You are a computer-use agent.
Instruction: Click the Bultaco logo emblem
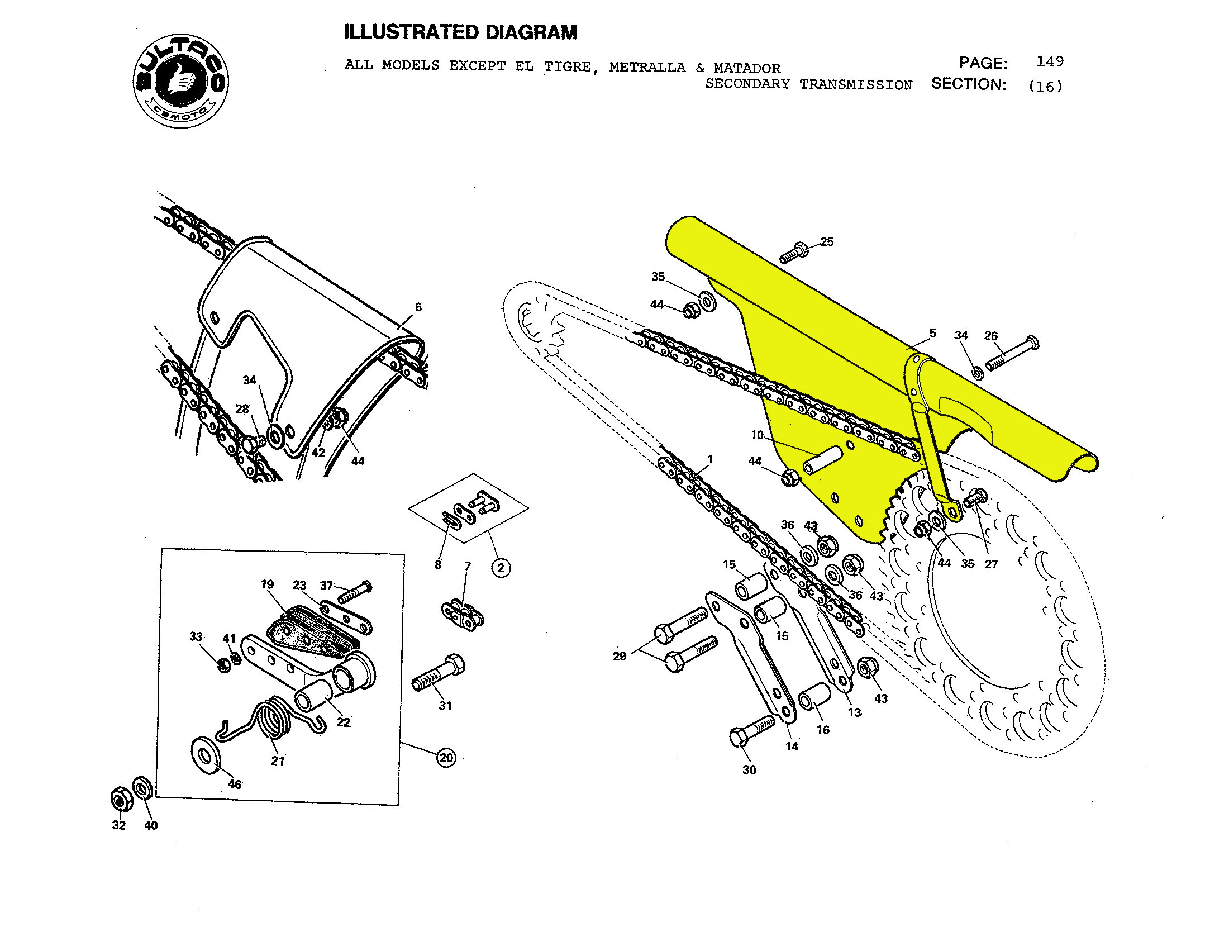(180, 80)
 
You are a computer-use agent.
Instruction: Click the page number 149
(1050, 61)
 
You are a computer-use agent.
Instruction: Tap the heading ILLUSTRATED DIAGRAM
(460, 32)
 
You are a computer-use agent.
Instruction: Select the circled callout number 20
(446, 758)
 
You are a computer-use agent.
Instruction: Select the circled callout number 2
(501, 567)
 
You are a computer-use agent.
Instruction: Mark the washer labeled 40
(142, 788)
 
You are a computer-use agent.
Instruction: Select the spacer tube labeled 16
(814, 697)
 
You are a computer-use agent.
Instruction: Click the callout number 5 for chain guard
(932, 333)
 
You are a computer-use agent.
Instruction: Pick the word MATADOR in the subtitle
(747, 68)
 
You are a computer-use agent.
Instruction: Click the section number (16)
(1045, 86)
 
